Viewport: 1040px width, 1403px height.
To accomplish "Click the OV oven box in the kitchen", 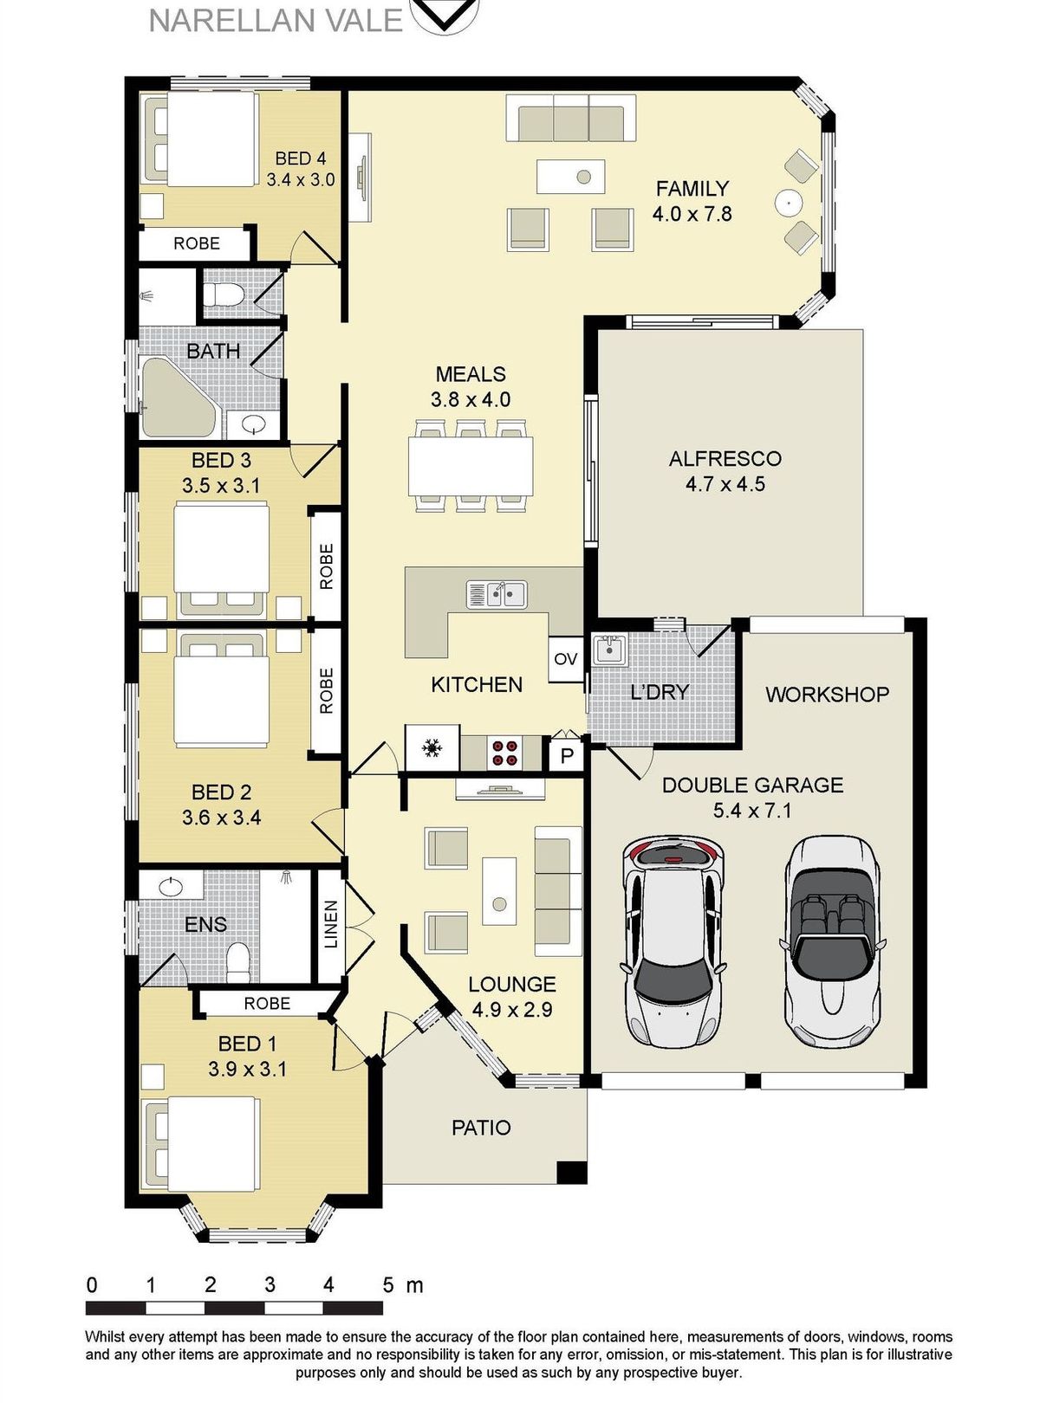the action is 565,658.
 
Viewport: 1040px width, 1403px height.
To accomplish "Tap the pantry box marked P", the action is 566,754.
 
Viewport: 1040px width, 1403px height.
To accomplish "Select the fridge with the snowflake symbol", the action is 432,747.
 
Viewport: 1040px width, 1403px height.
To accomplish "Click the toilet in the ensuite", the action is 238,962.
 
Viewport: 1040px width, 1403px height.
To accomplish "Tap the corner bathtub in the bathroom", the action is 179,398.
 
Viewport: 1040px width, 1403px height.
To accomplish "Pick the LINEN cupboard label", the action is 331,924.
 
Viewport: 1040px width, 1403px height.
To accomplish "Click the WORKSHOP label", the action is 827,695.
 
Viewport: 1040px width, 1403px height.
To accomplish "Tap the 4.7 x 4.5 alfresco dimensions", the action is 725,484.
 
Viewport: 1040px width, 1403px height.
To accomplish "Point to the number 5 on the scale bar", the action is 387,1284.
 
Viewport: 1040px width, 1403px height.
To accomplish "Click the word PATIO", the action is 481,1128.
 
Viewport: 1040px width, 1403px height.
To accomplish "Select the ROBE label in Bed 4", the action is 197,243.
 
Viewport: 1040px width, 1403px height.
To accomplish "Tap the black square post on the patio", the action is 572,1172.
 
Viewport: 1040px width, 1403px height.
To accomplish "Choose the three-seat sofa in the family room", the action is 570,119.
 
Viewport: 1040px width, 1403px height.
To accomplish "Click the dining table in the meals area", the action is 471,466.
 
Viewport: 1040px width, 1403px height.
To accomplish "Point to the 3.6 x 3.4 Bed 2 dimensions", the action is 221,818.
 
